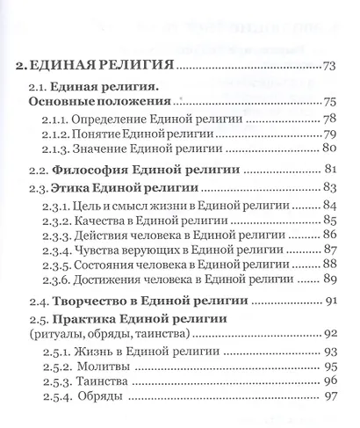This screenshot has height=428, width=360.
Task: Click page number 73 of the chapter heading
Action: click(330, 65)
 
